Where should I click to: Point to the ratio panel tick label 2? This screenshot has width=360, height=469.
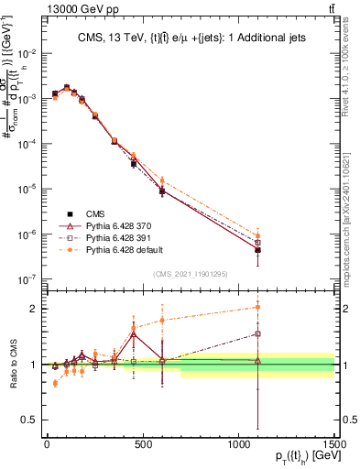[x=32, y=309]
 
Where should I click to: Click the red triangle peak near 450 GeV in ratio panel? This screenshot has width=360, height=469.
[x=134, y=334]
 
